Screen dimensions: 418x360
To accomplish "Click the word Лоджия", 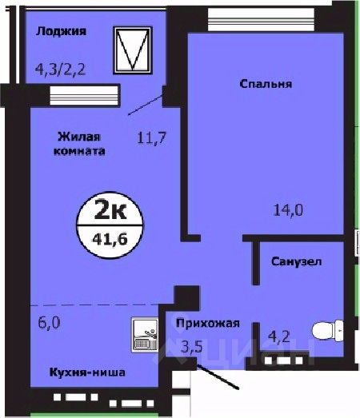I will (61, 31).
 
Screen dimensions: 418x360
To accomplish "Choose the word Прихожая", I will (207, 323).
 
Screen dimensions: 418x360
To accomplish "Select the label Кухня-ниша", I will (81, 374).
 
